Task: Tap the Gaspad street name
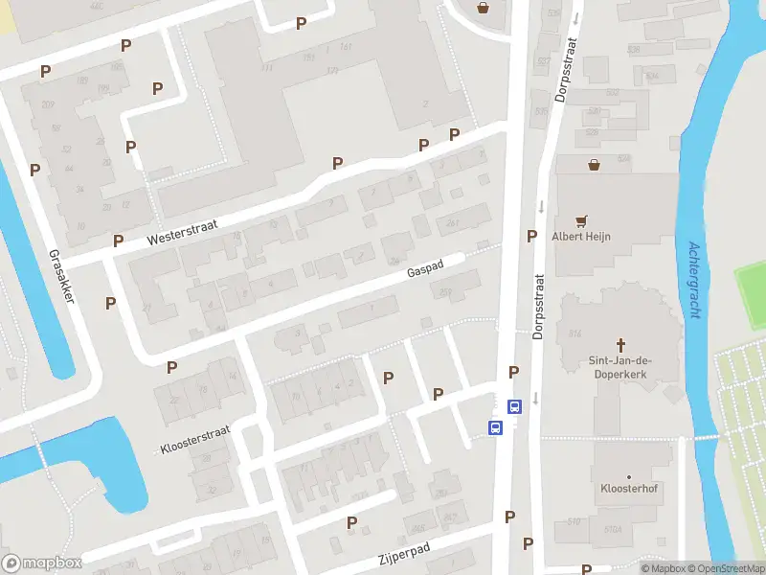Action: [424, 271]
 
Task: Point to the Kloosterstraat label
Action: [195, 440]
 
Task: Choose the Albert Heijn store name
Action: [580, 237]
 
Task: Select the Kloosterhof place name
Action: [628, 489]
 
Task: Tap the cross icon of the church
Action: [620, 344]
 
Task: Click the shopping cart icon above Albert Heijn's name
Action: [580, 221]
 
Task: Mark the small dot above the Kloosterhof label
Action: [628, 476]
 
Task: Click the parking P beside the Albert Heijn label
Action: [530, 236]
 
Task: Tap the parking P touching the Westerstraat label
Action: [118, 241]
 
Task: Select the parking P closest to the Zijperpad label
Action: [352, 522]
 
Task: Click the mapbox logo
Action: [42, 563]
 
